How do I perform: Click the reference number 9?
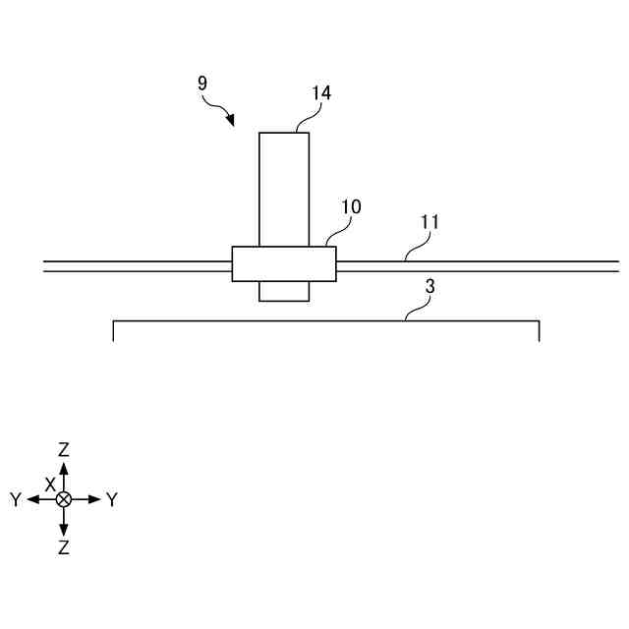coord(202,84)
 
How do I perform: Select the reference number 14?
coord(321,93)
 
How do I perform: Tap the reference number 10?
coord(351,207)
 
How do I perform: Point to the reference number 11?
coord(429,222)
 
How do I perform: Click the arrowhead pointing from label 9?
coord(231,121)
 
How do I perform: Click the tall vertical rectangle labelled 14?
coord(284,187)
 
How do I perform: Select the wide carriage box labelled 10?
coord(284,263)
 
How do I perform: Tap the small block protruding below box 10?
coord(284,291)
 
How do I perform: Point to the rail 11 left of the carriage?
coord(138,265)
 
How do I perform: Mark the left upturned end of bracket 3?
coord(114,331)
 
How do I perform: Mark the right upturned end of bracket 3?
coord(539,331)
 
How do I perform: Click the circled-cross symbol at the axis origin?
coord(64,499)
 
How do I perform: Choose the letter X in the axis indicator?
coord(49,485)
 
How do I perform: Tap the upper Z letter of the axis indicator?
coord(64,450)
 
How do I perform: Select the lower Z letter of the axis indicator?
coord(64,548)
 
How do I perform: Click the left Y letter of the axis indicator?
coord(16,500)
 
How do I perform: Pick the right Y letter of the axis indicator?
coord(112,500)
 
